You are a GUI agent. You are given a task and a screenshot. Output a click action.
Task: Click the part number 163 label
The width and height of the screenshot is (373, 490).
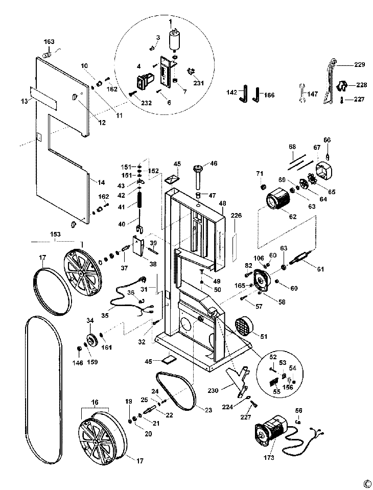(x=49, y=41)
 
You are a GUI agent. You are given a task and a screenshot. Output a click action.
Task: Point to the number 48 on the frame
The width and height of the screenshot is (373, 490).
(x=222, y=204)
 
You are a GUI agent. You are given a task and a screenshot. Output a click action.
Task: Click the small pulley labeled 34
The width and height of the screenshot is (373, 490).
(x=91, y=340)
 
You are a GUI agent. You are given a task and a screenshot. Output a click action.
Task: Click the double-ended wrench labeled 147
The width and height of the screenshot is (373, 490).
(x=301, y=93)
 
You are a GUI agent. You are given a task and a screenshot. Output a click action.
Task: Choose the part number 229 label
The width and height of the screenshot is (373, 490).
(x=360, y=65)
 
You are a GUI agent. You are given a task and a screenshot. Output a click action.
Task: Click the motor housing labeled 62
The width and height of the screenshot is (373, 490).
(x=278, y=199)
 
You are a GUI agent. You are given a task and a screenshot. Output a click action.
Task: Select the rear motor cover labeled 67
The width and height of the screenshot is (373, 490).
(x=323, y=170)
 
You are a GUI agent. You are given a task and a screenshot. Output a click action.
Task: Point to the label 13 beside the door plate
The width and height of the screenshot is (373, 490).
(x=24, y=101)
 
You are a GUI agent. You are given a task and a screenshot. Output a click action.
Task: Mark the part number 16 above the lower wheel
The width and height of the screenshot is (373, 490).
(x=95, y=402)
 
